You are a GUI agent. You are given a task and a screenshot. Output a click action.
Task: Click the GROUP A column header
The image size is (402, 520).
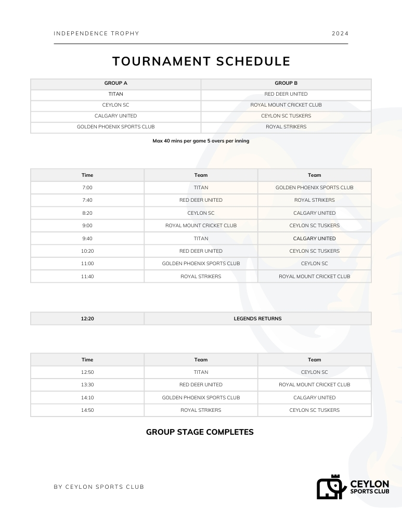[115, 83]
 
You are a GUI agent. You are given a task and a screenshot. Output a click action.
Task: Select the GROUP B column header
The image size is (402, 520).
[286, 83]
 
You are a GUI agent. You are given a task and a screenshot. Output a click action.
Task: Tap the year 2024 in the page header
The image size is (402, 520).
[340, 34]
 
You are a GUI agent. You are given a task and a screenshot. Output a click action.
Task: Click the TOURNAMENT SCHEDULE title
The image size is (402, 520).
[201, 61]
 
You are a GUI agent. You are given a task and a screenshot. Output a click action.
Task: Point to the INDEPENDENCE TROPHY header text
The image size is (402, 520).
[96, 34]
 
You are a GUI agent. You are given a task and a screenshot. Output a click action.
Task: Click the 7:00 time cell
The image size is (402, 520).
[87, 188]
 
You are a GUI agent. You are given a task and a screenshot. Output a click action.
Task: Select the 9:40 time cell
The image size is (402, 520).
[87, 239]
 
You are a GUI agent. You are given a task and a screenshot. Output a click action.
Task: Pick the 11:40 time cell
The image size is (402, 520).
[87, 277]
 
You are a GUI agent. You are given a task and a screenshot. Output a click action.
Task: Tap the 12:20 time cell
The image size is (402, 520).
[87, 319]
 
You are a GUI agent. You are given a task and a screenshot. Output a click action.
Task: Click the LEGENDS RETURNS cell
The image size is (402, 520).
[257, 319]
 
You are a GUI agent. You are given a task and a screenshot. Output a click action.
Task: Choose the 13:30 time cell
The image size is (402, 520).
[87, 385]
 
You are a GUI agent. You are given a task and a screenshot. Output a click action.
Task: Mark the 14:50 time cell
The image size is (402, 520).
[87, 410]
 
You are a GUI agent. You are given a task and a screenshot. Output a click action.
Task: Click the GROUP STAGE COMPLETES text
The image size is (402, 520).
[200, 432]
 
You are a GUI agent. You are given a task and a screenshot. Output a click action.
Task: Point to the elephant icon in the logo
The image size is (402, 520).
[331, 488]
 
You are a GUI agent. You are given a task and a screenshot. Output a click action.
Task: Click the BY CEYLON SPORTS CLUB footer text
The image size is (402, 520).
[99, 487]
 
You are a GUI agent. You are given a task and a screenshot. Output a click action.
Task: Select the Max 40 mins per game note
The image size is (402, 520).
[201, 141]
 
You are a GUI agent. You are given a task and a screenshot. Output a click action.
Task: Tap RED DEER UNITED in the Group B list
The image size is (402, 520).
[286, 94]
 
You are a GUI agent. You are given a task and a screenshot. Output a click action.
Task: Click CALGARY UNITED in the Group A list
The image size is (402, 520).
[115, 116]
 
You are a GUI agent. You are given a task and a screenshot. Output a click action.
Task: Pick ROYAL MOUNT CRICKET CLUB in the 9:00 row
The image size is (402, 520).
[201, 226]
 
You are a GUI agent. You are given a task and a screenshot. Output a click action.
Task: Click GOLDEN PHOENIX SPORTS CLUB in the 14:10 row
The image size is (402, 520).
[201, 398]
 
